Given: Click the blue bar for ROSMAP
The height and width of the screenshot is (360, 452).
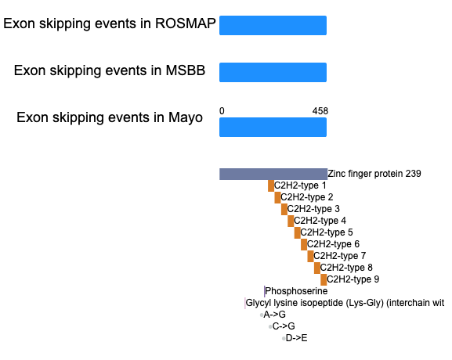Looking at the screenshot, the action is point(273,25).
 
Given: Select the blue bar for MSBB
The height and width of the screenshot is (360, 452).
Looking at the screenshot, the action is point(273,72).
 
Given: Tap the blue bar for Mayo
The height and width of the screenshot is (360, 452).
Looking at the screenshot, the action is point(273,127).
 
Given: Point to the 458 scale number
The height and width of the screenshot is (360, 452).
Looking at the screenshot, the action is point(320,111).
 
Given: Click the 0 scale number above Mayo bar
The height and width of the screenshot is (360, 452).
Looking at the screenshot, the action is point(222,111).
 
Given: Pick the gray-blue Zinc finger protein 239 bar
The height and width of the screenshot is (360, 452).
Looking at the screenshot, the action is point(273,174).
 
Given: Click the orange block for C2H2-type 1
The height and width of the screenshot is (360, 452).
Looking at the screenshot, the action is point(271,185).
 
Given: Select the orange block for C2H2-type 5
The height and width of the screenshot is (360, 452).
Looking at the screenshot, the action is point(298,232).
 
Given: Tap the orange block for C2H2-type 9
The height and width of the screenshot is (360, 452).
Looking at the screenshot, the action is point(324,279).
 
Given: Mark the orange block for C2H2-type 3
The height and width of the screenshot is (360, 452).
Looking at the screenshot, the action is point(284,210).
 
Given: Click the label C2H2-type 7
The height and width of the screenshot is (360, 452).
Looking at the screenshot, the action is point(339,256).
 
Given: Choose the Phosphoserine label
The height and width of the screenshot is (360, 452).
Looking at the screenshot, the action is point(296,291).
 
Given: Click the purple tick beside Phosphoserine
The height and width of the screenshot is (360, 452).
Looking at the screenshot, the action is point(264,291).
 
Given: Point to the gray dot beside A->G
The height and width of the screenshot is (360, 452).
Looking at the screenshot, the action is point(262,315).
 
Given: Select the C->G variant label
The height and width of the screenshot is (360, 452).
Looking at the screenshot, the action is point(284,326).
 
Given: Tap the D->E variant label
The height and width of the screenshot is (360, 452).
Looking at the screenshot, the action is point(296,338).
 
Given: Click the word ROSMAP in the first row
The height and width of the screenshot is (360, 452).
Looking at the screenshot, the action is point(186,23).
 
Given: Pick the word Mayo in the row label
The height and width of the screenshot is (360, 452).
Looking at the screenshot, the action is point(186,118).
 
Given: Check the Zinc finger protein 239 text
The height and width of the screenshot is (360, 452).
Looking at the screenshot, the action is point(374,174).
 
